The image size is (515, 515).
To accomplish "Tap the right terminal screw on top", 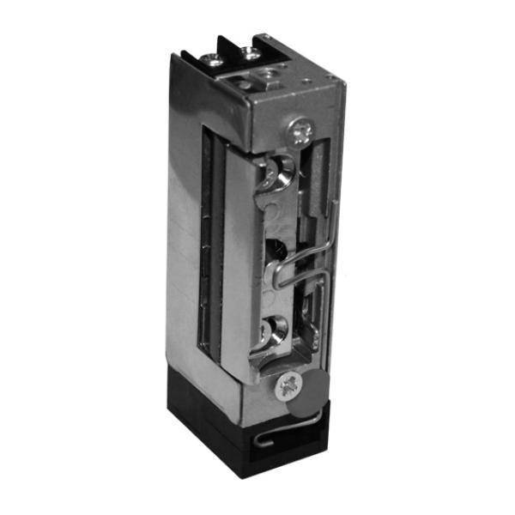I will tap(251, 52).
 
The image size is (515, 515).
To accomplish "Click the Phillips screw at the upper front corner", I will tap(300, 131).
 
